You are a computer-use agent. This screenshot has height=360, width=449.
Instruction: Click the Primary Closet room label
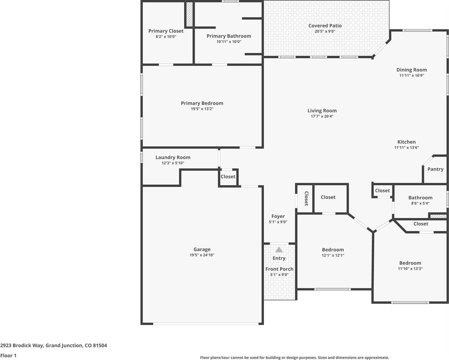point(166,31)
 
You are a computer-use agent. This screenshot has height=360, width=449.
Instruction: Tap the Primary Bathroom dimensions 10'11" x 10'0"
point(229,42)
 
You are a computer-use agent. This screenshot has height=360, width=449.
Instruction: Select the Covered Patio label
point(325,26)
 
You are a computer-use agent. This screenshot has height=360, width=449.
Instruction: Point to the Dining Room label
point(411,70)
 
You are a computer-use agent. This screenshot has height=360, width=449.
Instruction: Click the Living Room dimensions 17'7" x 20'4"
point(322,116)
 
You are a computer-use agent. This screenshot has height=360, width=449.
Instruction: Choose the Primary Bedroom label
point(202,103)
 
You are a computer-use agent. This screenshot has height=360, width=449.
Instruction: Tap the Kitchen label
point(406,142)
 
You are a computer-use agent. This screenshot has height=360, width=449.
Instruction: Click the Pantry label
point(435,169)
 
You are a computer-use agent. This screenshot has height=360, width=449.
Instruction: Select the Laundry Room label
point(173,157)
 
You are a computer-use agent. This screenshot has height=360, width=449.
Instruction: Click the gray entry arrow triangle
point(279,250)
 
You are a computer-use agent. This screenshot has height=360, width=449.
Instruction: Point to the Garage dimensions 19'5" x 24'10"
point(202,255)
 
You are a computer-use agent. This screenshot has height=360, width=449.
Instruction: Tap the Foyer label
point(278,216)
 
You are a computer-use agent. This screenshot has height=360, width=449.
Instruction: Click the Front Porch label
point(279,269)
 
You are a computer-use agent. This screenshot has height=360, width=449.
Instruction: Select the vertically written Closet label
point(306,198)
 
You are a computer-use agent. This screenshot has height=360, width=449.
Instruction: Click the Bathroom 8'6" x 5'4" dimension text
point(420,203)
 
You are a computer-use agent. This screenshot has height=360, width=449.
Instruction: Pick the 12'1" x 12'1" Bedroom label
point(333,250)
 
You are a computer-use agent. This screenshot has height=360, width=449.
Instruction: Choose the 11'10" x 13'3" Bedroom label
point(410,263)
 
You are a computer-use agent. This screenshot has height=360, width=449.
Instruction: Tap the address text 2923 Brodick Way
point(53,345)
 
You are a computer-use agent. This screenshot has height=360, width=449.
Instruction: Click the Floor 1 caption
point(8,355)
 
